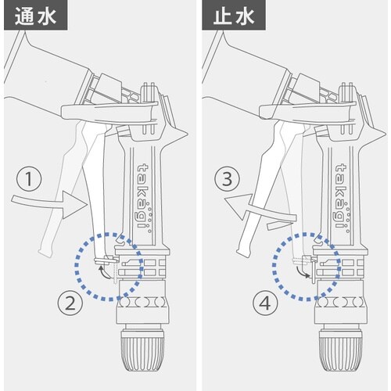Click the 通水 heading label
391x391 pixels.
point(28,14)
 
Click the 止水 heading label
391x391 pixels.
point(226,14)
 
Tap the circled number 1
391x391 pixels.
point(28,181)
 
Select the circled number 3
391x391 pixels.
point(228,181)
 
